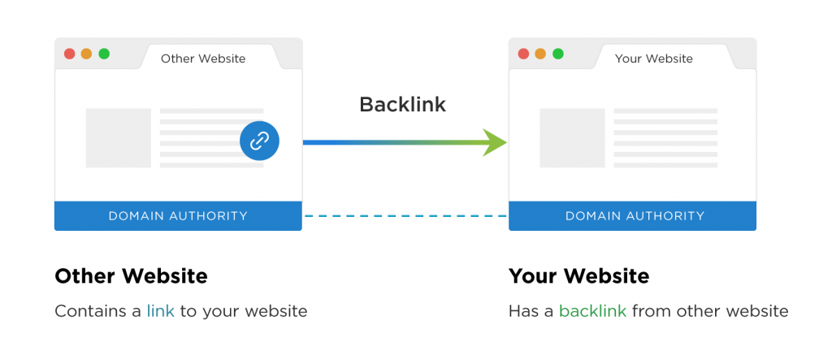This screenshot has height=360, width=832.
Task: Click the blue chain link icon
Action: [x=259, y=141]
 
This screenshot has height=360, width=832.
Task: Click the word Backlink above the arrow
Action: [x=403, y=105]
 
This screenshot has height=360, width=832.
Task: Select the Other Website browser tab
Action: [x=202, y=59]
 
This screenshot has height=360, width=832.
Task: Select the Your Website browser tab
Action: [x=653, y=59]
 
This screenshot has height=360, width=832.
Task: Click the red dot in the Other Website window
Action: [x=69, y=54]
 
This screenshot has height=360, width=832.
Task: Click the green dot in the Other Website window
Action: [x=104, y=54]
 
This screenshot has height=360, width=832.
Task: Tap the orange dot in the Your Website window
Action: [x=540, y=54]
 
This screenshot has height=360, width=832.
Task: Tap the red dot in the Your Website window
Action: [x=523, y=54]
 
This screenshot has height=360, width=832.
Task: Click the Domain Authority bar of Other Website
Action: [x=178, y=215]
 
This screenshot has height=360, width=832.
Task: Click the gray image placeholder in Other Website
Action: [x=119, y=138]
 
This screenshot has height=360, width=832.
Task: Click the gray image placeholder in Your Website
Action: [x=572, y=138]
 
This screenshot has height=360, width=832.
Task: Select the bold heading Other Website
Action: [x=131, y=276]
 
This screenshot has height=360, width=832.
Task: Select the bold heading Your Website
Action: [x=578, y=276]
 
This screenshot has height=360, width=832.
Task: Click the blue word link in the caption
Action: [x=160, y=311]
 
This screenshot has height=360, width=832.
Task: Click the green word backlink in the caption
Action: [x=592, y=311]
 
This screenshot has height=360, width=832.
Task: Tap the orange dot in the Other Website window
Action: [x=86, y=54]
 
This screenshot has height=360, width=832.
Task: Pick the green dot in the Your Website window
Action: [x=558, y=54]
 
